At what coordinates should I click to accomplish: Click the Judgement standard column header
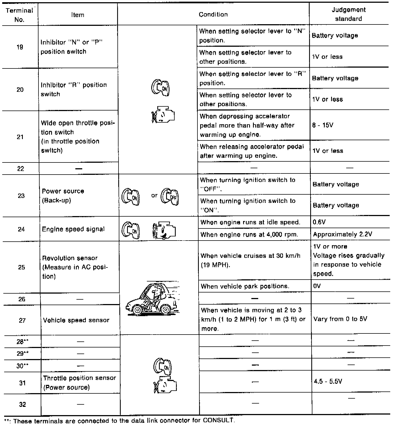[x=348, y=14]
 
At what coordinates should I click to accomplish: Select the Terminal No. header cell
[x=19, y=15]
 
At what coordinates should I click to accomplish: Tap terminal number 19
[x=20, y=47]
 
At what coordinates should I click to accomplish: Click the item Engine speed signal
[x=73, y=229]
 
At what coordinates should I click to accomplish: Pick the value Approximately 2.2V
[x=342, y=234]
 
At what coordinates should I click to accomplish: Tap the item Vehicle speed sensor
[x=76, y=320]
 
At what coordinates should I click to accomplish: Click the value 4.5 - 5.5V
[x=328, y=382]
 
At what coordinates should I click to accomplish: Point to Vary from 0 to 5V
[x=340, y=319]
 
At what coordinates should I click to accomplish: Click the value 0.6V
[x=319, y=222]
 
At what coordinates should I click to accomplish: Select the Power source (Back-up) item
[x=63, y=196]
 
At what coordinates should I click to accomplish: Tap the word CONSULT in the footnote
[x=219, y=420]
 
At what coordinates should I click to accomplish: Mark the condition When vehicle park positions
[x=245, y=286]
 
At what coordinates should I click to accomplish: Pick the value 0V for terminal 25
[x=317, y=286]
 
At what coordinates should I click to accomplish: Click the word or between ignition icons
[x=154, y=195]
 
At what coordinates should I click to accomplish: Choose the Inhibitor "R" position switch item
[x=74, y=89]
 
